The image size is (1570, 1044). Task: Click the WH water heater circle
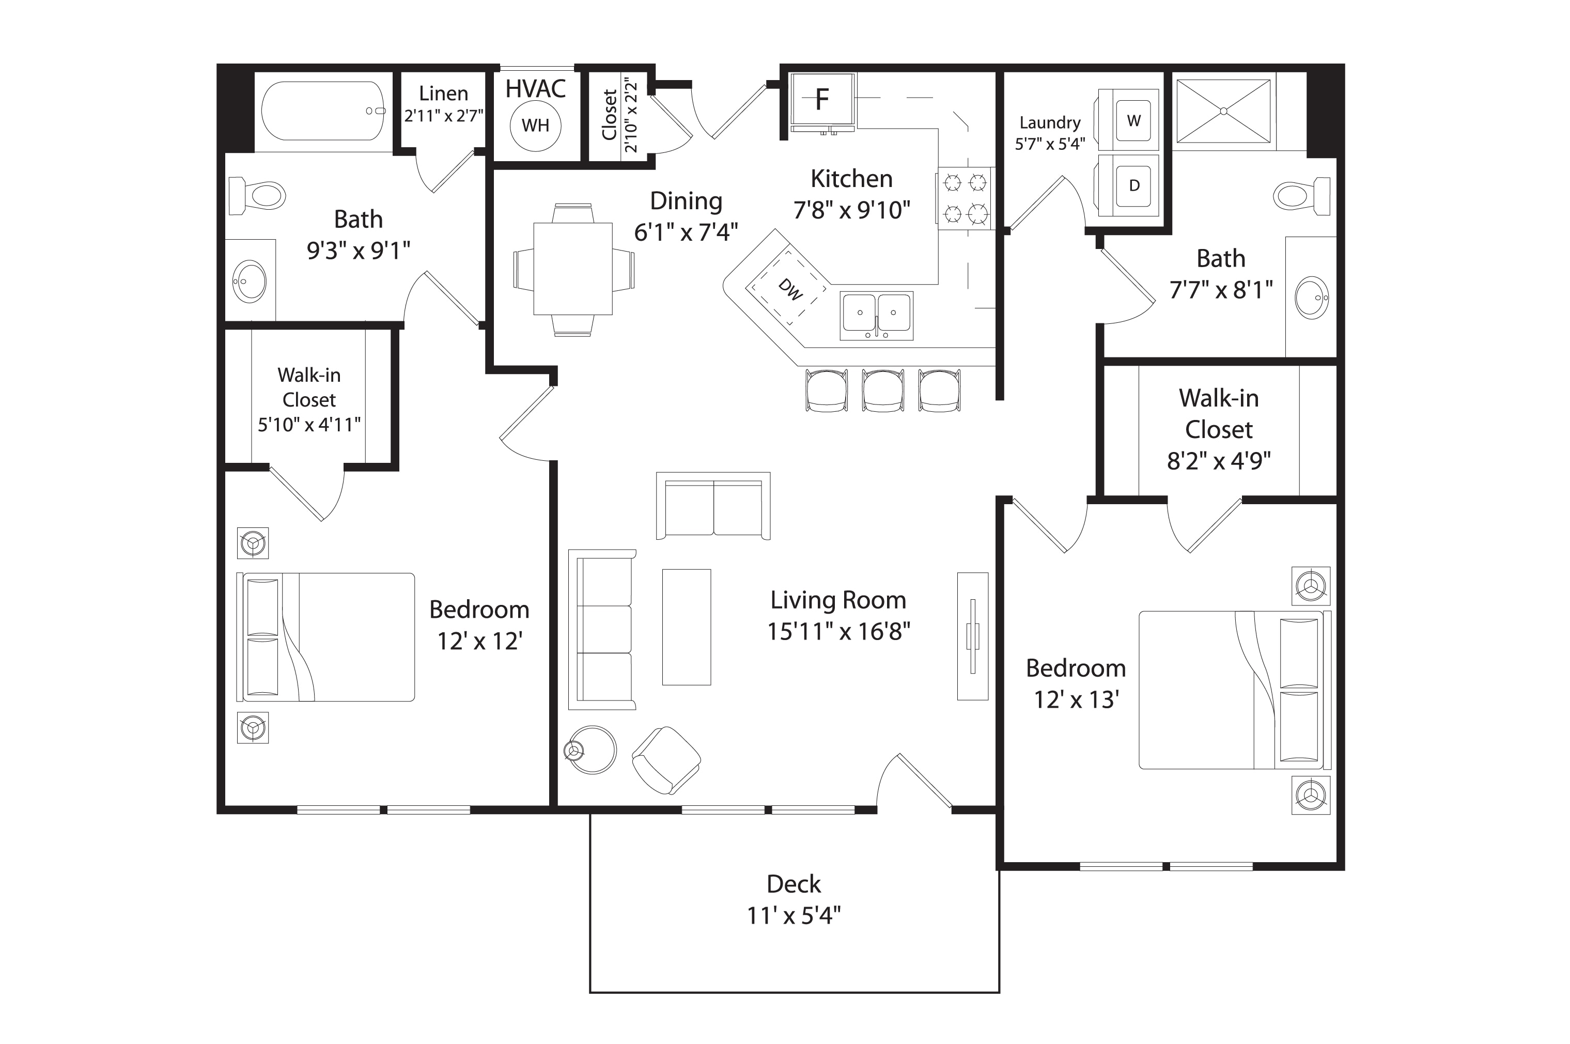click(535, 125)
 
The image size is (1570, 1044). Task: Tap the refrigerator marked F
click(822, 101)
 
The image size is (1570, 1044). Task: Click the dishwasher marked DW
click(786, 287)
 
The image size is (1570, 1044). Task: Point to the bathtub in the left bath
click(323, 111)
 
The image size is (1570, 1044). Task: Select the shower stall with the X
click(1224, 111)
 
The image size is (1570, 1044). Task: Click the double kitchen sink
click(876, 315)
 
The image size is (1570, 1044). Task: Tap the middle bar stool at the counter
click(883, 391)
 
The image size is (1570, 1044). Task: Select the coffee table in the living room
click(687, 627)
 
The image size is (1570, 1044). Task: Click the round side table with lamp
click(592, 749)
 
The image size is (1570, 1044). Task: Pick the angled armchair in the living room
click(666, 760)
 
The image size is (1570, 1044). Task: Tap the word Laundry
click(1050, 123)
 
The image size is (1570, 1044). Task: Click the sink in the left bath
click(250, 282)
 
